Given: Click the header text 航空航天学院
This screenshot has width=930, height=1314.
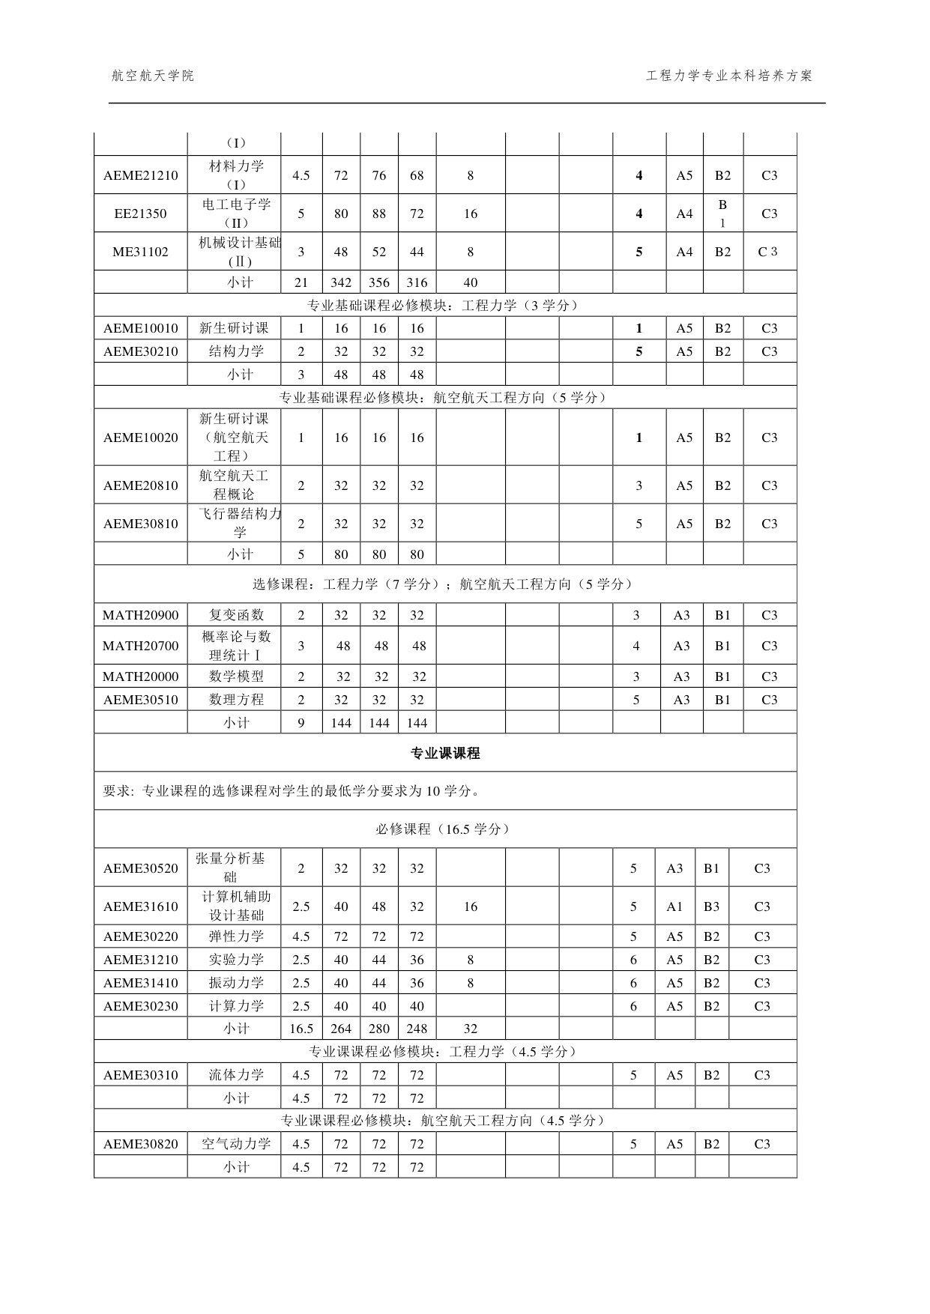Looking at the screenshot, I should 152,76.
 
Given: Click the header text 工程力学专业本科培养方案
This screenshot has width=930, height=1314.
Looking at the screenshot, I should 728,76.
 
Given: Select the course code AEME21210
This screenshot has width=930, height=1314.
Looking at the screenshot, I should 141,175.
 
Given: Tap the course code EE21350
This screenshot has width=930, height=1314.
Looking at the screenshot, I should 141,214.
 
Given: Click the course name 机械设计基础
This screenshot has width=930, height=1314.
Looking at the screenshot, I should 240,243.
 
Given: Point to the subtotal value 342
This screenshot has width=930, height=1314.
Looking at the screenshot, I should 341,282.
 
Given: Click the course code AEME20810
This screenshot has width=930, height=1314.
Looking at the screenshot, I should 141,485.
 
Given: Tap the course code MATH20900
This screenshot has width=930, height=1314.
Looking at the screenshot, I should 141,615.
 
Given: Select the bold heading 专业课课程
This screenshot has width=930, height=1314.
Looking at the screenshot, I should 445,754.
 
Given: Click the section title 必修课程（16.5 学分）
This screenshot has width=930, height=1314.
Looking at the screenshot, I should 445,829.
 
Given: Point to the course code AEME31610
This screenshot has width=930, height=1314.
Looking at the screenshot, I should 141,906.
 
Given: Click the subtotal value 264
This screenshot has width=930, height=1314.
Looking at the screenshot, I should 341,1029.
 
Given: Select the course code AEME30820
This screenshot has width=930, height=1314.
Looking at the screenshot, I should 141,1144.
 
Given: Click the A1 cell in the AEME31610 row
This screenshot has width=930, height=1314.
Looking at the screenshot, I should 674,906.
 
